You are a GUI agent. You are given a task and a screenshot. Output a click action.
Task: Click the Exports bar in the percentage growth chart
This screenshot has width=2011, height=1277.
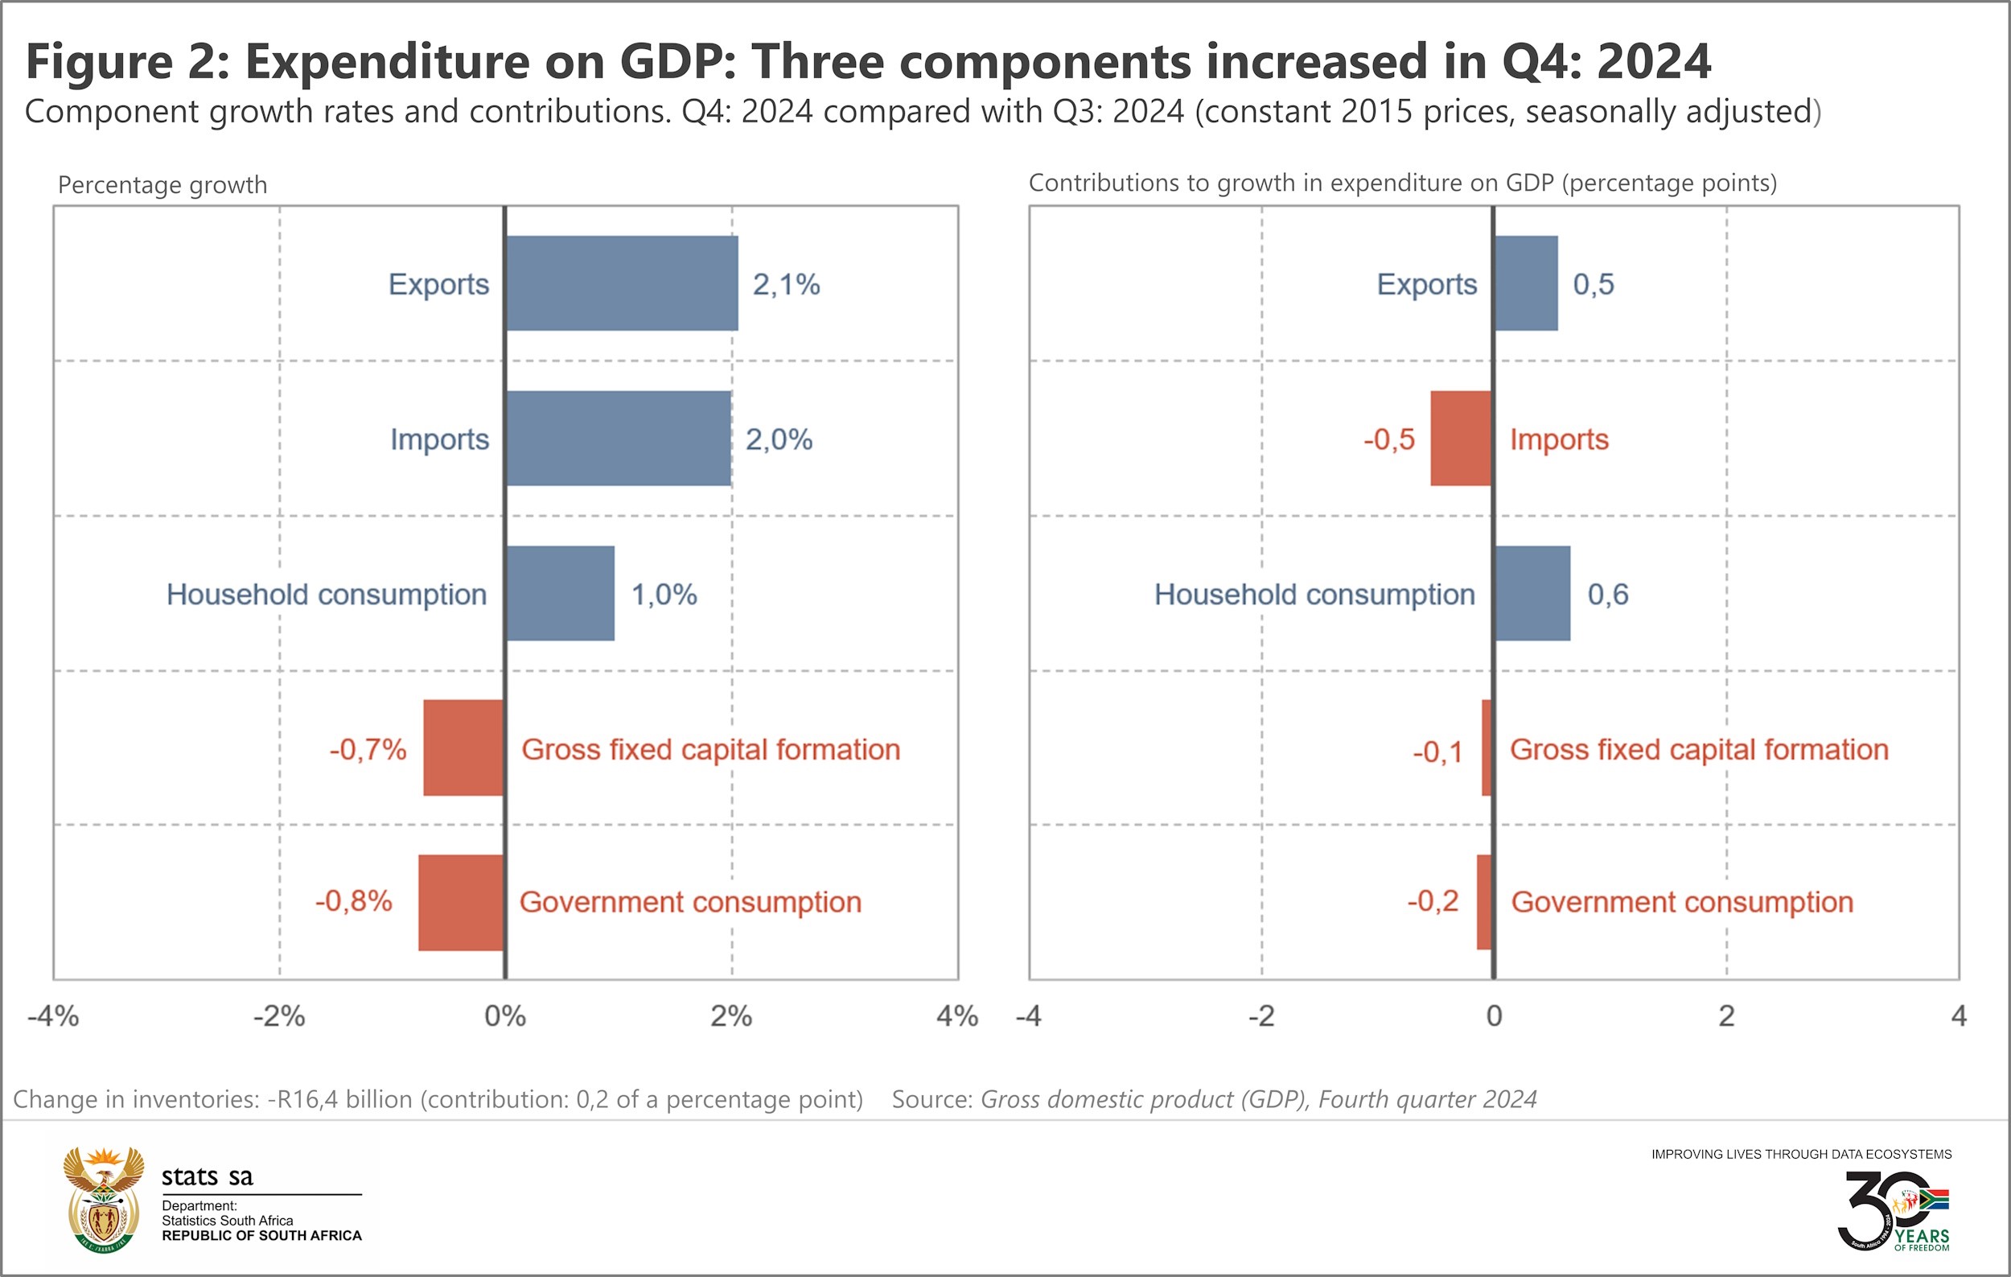[622, 283]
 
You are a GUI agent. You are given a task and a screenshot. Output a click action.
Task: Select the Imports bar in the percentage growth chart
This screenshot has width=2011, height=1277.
[619, 439]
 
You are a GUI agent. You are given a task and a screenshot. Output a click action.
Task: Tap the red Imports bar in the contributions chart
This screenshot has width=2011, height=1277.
[1461, 439]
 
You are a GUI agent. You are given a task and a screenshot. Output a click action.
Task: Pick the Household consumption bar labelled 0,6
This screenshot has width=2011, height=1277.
[1532, 594]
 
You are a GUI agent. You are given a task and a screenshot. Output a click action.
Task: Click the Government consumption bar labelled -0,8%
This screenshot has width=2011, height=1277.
[461, 902]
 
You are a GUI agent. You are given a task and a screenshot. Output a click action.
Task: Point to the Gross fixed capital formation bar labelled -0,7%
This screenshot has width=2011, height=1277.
[463, 748]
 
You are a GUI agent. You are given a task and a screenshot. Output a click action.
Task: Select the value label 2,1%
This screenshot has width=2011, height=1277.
[786, 285]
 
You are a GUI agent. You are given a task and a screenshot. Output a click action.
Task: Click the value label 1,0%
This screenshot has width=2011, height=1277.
[664, 595]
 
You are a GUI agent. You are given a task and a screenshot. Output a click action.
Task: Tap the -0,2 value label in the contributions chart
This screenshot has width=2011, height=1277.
[1433, 901]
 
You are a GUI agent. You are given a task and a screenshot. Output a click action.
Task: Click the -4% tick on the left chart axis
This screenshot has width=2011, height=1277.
[53, 1016]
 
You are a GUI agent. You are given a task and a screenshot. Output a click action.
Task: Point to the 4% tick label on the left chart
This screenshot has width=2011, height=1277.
[957, 1016]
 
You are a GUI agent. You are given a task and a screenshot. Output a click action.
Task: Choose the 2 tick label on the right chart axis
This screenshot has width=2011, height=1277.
[1726, 1016]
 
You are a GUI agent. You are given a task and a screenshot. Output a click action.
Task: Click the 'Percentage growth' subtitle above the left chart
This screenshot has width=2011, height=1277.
[162, 184]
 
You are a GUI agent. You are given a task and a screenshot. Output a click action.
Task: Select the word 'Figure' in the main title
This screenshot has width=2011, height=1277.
[100, 62]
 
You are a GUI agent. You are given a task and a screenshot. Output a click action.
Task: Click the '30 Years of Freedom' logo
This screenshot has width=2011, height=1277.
[1894, 1210]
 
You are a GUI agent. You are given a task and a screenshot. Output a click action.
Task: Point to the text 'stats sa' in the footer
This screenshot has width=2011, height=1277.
[207, 1176]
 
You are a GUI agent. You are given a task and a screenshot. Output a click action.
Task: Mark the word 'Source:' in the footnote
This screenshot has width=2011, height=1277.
[932, 1099]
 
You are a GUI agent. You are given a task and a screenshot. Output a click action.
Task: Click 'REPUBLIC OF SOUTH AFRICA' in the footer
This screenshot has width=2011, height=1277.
[261, 1236]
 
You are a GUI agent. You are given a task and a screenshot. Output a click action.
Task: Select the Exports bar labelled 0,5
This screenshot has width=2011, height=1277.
[1526, 283]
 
